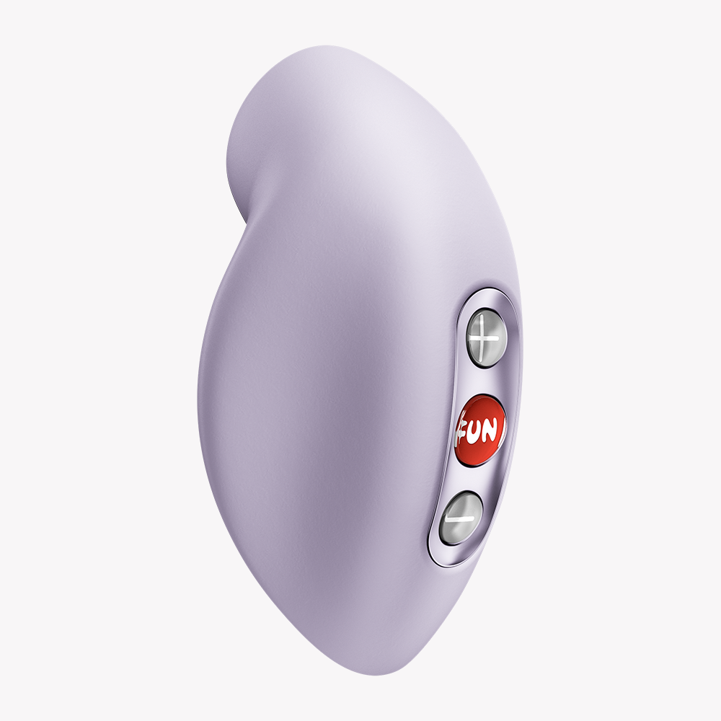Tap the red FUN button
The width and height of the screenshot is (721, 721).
(480, 430)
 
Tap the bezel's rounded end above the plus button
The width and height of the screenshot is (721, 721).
(488, 297)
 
